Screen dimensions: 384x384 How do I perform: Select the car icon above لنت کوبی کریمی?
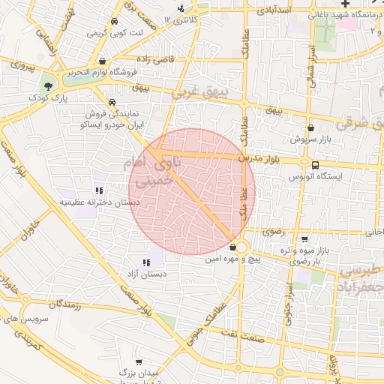pos(113,22)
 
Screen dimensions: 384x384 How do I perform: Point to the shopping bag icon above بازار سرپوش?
pos(310,128)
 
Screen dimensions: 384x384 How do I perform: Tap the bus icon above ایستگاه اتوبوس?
pos(314,164)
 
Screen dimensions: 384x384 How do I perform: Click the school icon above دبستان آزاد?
pos(146,262)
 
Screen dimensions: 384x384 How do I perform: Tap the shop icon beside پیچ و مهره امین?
pos(233,247)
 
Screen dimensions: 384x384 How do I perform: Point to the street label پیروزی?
pos(17,64)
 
